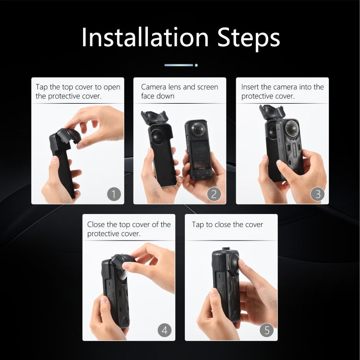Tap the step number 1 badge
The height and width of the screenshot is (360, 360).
pyautogui.click(x=113, y=194)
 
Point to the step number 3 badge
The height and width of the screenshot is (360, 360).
pyautogui.click(x=317, y=194)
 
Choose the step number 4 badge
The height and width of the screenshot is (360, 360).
pyautogui.click(x=165, y=330)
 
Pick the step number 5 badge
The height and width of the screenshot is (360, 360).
pyautogui.click(x=267, y=330)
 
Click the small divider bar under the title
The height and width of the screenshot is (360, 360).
pyautogui.click(x=180, y=65)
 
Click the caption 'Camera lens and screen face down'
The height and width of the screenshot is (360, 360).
pyautogui.click(x=179, y=91)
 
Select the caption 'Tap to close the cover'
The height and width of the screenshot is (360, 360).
pyautogui.click(x=228, y=224)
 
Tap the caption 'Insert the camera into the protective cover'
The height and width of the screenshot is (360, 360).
pyautogui.click(x=282, y=91)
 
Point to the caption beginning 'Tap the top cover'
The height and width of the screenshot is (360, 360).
pyautogui.click(x=78, y=91)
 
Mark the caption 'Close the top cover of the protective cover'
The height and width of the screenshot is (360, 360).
pyautogui.click(x=129, y=228)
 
